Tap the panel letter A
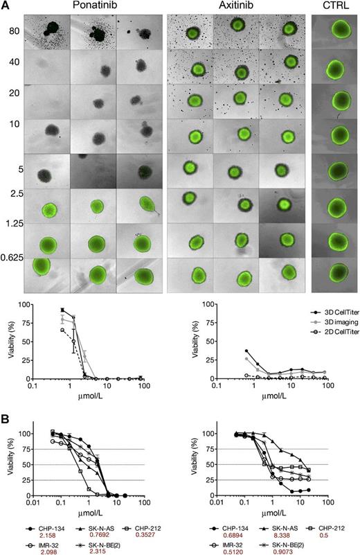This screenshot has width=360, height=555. (x=6, y=6)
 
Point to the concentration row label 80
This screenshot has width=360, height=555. (x=14, y=31)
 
